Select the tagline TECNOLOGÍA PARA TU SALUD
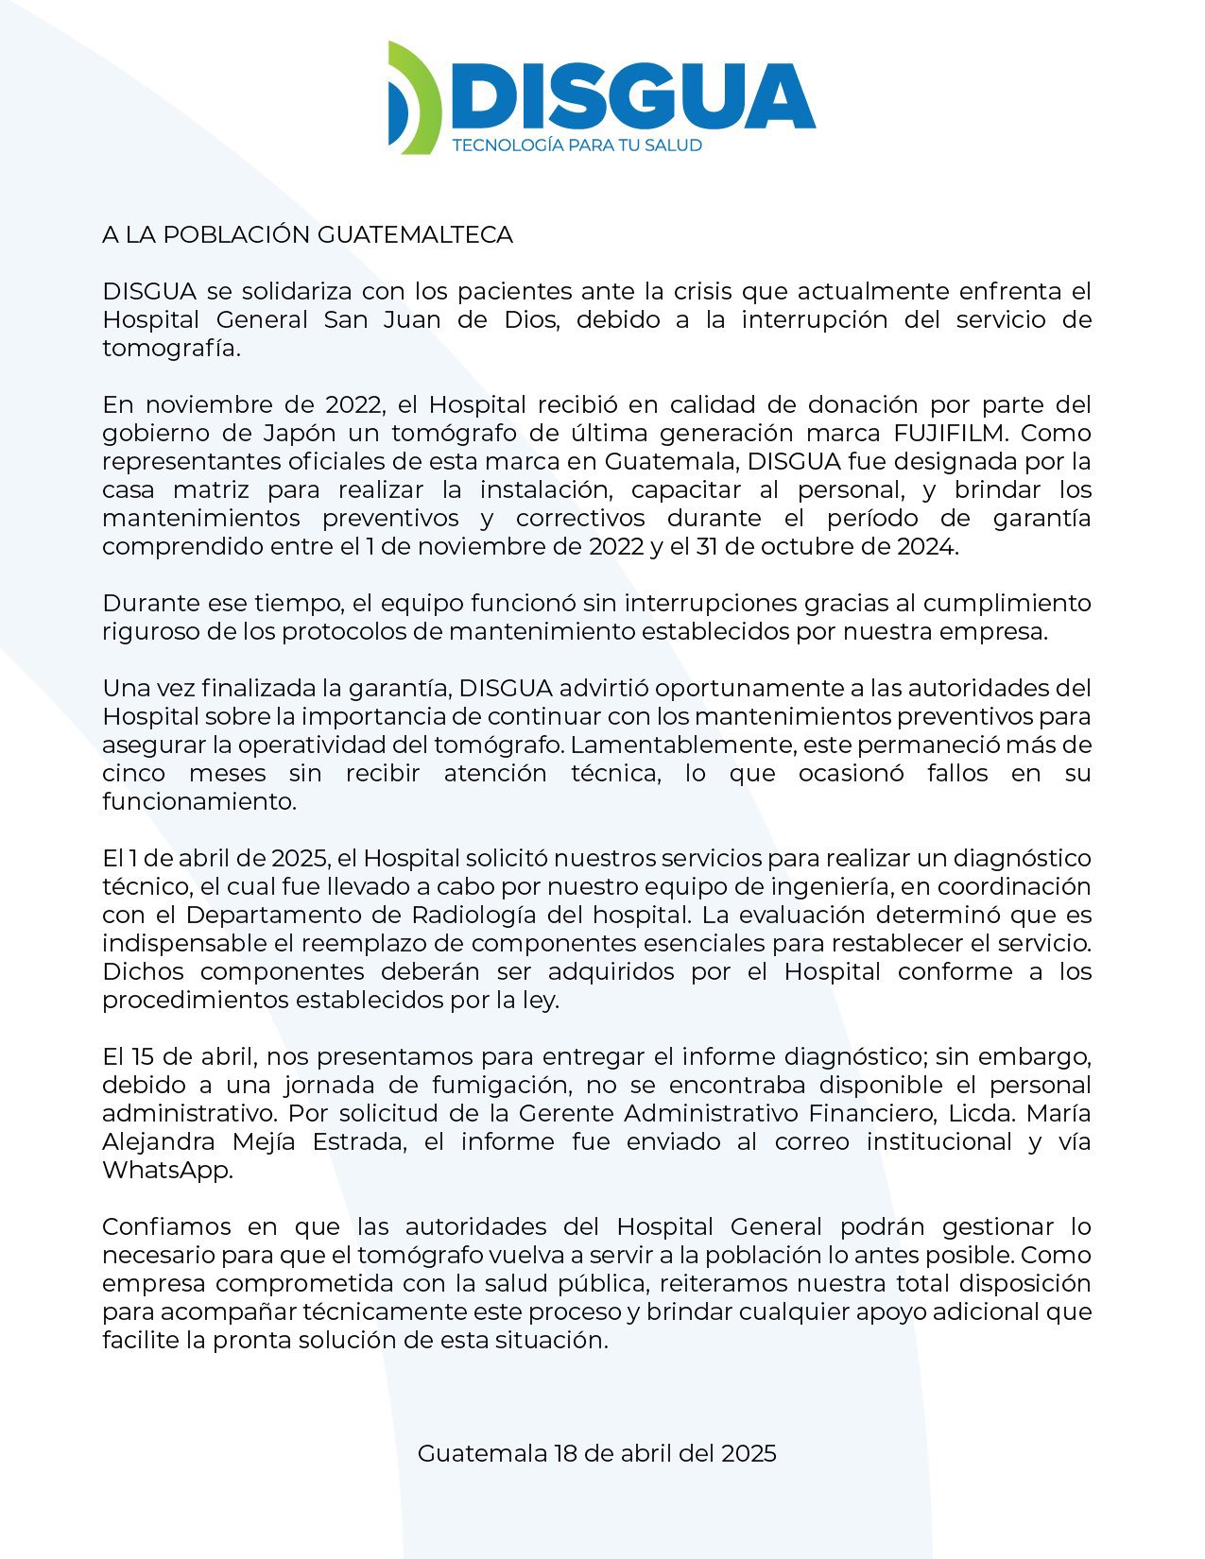tap(577, 146)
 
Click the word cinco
tap(133, 774)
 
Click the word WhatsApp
tap(166, 1171)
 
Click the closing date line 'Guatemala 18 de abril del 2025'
tap(596, 1453)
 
